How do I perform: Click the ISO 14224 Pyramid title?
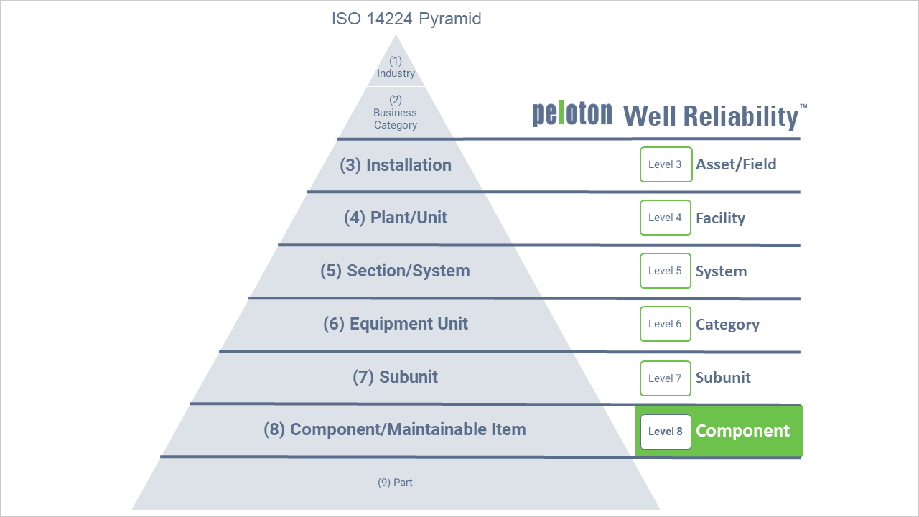(x=406, y=19)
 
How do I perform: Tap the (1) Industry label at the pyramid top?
(x=396, y=67)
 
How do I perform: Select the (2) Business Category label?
(x=396, y=113)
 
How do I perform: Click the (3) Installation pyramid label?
(x=396, y=165)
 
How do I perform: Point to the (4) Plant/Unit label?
(x=396, y=218)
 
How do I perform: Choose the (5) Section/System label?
(x=396, y=271)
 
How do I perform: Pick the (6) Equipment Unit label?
(x=396, y=324)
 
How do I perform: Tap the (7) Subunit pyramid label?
(x=396, y=377)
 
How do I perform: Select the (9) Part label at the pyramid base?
(x=395, y=483)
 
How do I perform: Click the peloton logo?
(x=572, y=114)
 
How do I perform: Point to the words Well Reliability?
(x=711, y=116)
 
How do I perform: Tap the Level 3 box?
(x=666, y=164)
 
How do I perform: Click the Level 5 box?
(x=666, y=271)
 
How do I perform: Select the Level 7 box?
(x=666, y=378)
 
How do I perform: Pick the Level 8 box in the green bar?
(x=666, y=432)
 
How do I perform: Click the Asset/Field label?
(x=736, y=164)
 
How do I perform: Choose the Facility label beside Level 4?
(x=720, y=218)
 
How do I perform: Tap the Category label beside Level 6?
(x=727, y=325)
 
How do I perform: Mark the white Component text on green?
(x=742, y=431)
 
